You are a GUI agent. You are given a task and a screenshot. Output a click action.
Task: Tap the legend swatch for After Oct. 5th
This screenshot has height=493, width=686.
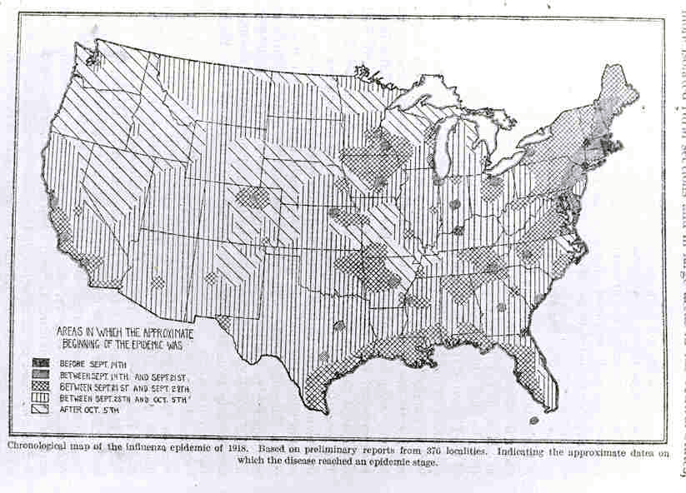[39, 408]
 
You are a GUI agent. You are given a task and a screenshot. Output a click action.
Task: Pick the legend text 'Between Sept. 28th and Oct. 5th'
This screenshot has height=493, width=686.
[125, 397]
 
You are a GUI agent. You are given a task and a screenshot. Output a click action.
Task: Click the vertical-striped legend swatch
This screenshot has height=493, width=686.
[39, 397]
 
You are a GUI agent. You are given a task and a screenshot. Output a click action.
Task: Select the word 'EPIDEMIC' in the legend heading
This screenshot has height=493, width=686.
[141, 341]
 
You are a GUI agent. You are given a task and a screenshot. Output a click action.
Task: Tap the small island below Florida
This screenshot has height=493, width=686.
[533, 421]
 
